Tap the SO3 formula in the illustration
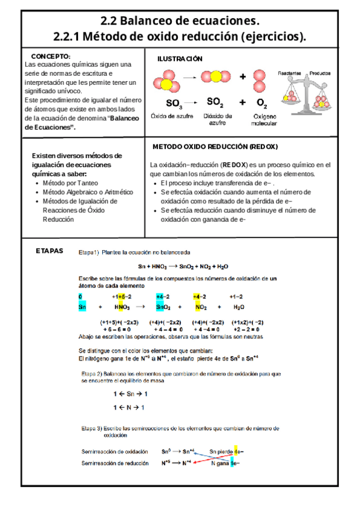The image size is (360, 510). click(x=174, y=102)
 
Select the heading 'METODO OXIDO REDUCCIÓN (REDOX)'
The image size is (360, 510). click(x=215, y=147)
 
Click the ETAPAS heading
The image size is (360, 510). click(x=50, y=250)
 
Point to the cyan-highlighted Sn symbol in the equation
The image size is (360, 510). click(x=82, y=307)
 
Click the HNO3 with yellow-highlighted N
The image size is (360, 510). click(x=123, y=307)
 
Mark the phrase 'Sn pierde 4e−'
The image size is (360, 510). click(x=226, y=451)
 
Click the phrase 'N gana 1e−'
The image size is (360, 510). click(x=225, y=463)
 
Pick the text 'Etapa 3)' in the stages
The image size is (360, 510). click(x=93, y=428)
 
